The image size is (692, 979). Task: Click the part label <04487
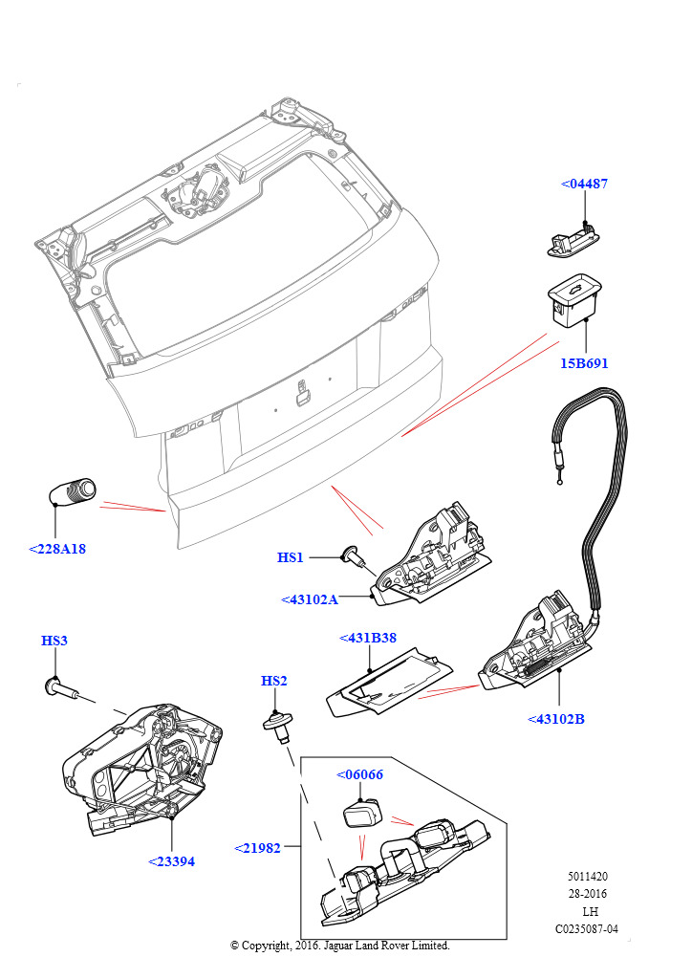583,184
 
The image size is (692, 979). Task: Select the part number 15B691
585,363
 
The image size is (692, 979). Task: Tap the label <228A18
57,549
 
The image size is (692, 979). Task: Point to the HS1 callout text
291,557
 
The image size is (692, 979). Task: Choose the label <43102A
310,599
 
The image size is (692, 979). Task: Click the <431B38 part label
368,638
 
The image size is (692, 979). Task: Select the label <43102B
556,719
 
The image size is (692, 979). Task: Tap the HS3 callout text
54,641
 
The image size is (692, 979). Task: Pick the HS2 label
274,681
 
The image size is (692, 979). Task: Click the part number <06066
359,774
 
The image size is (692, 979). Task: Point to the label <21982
258,848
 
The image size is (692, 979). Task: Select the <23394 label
172,861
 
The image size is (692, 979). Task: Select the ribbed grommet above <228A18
73,491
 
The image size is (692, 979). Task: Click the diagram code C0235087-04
587,928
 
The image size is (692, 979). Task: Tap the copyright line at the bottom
340,946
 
